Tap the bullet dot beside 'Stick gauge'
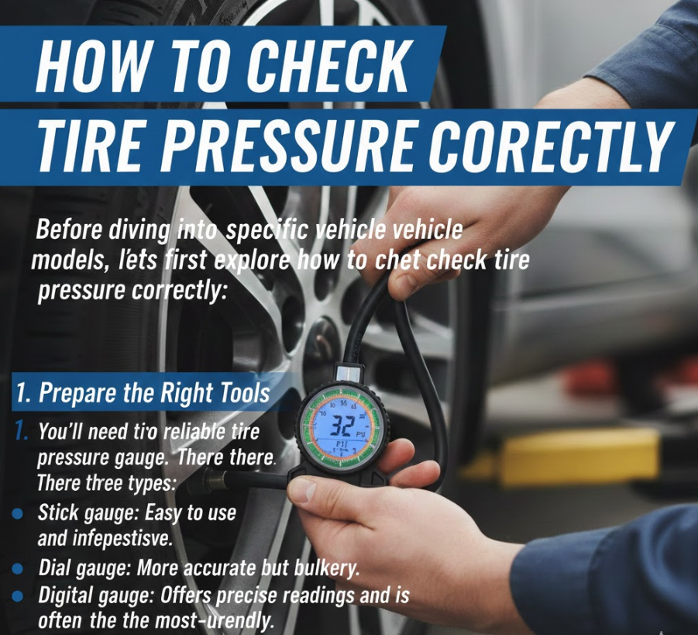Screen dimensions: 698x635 pos(17,514)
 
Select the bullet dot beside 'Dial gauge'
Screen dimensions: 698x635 pos(17,568)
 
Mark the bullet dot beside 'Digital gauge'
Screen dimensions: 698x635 pos(17,596)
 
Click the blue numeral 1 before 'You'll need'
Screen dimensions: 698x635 pos(20,431)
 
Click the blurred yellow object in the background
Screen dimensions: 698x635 pos(578,454)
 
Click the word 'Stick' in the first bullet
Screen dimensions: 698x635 pos(58,513)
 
